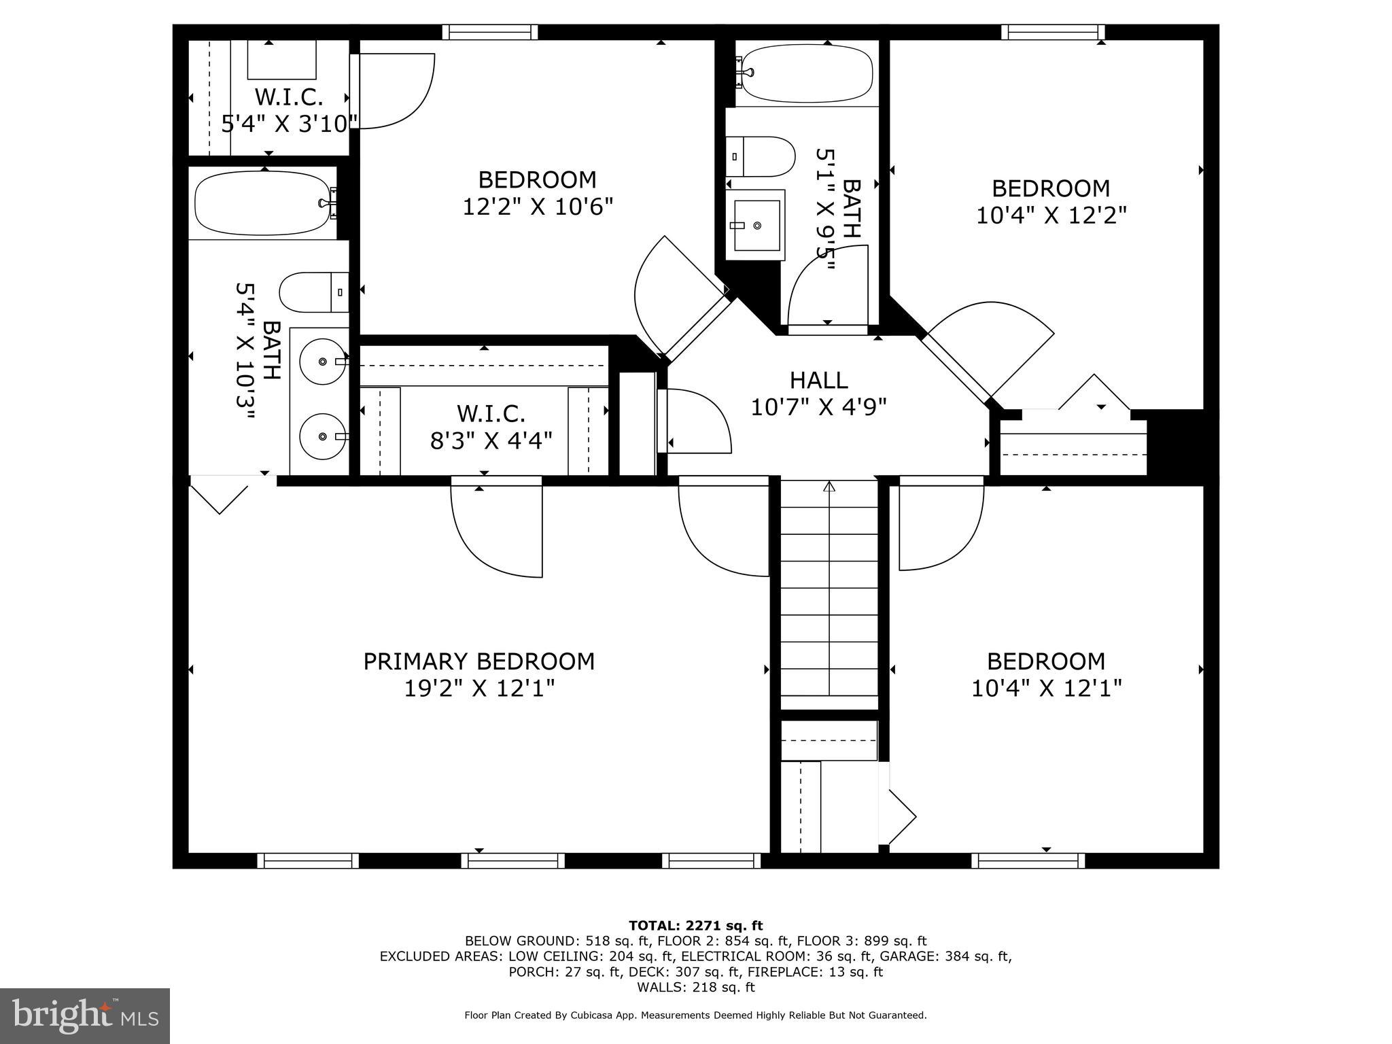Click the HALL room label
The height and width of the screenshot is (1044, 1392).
[x=818, y=380]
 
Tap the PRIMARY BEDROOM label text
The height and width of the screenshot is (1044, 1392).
[x=478, y=661]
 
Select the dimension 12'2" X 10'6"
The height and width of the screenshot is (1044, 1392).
[x=538, y=207]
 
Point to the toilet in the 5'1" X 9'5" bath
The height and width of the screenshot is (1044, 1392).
[x=761, y=156]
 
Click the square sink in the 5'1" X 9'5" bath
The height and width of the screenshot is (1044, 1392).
[x=756, y=225]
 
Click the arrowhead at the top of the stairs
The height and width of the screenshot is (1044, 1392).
[x=829, y=486]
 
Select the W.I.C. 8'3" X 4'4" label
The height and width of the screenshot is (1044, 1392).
[x=491, y=427]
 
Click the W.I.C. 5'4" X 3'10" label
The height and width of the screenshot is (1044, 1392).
[x=289, y=110]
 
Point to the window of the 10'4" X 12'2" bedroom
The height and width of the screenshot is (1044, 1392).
[x=1052, y=32]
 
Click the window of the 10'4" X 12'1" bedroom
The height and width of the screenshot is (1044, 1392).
[x=1028, y=860]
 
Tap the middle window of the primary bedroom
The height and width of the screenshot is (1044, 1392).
[x=512, y=860]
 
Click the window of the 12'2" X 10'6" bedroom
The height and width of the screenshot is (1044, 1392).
[x=489, y=32]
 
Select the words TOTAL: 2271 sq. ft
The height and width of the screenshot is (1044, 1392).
[x=695, y=925]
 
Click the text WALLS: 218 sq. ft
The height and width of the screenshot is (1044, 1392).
[x=695, y=987]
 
